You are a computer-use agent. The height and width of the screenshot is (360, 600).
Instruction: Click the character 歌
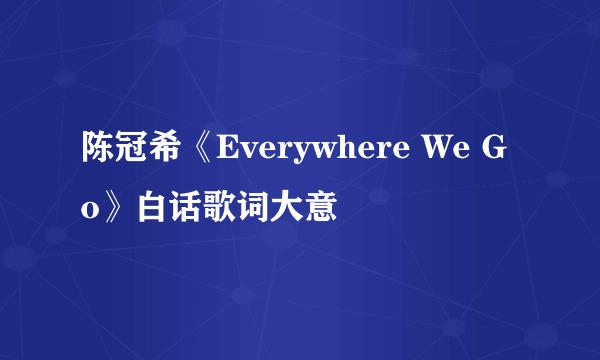pyautogui.click(x=215, y=210)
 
